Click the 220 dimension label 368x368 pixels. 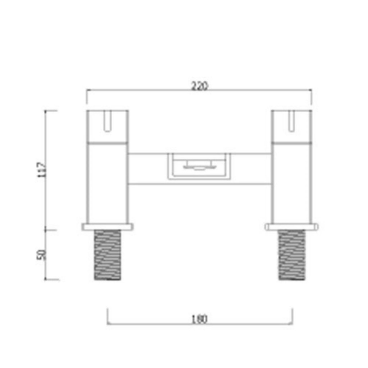click(199, 86)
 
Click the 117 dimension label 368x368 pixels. click(42, 170)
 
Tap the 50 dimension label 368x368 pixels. click(42, 254)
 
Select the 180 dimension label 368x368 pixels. click(200, 319)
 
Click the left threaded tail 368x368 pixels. click(108, 255)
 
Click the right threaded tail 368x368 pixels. click(292, 255)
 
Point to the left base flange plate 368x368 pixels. click(107, 227)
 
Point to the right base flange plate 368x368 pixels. click(292, 227)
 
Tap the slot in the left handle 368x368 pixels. click(107, 120)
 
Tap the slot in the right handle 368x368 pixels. click(292, 120)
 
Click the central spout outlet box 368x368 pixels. click(199, 166)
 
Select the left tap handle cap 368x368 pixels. click(107, 126)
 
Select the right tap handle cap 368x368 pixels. click(292, 126)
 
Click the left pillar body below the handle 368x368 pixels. click(107, 183)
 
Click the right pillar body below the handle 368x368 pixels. click(292, 183)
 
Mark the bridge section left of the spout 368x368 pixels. click(147, 169)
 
